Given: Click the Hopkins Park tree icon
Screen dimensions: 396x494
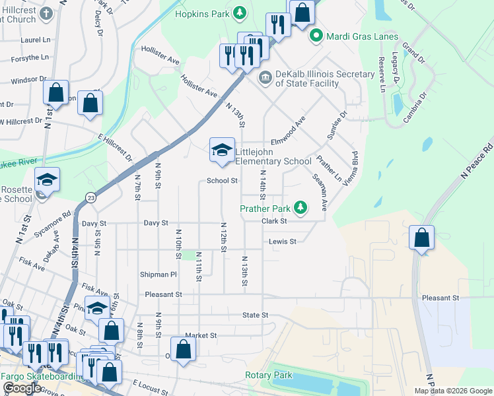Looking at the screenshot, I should pyautogui.click(x=242, y=13).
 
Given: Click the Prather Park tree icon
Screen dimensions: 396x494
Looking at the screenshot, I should pyautogui.click(x=300, y=209).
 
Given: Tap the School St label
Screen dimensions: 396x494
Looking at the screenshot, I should pyautogui.click(x=222, y=180).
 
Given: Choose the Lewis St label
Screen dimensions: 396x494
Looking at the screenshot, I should pyautogui.click(x=282, y=242).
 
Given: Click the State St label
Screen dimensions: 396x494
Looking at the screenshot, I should pyautogui.click(x=255, y=315).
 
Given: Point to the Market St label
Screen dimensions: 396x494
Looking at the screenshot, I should pyautogui.click(x=201, y=335).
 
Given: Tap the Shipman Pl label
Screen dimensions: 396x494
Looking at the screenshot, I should pyautogui.click(x=159, y=274).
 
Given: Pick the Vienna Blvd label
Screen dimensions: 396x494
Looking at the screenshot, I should pyautogui.click(x=349, y=168).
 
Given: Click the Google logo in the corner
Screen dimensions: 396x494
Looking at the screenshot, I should pyautogui.click(x=21, y=388).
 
